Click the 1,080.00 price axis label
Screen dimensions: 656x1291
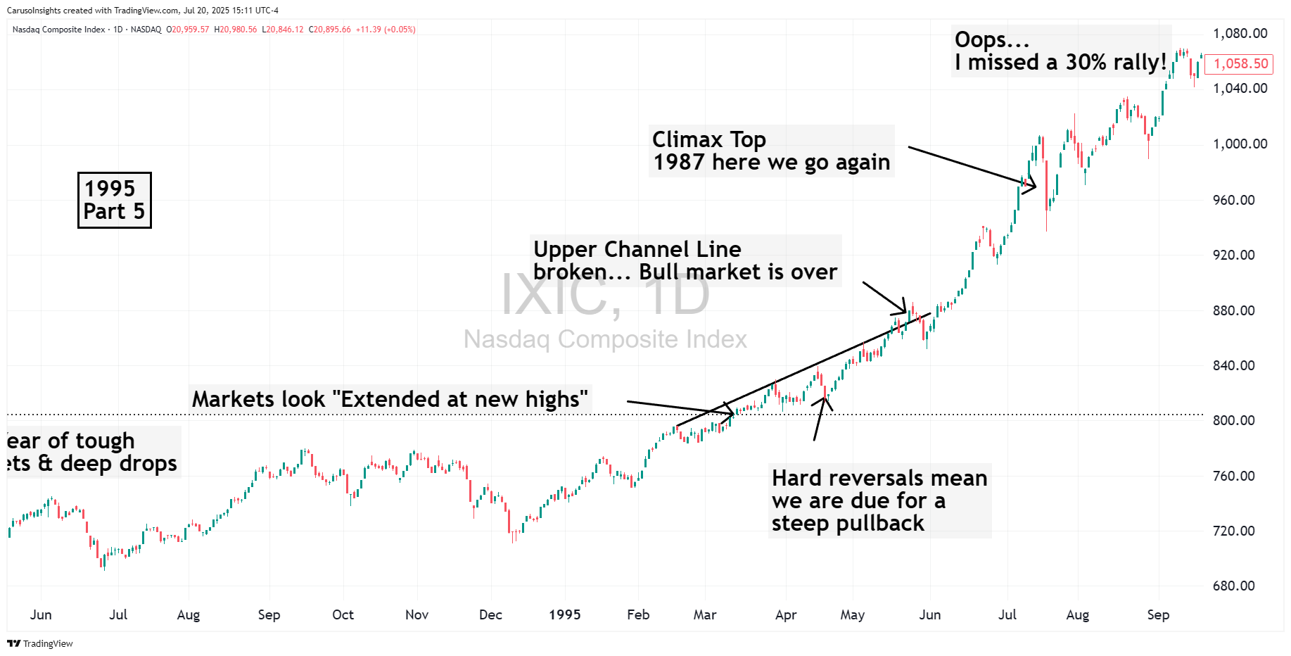(1240, 34)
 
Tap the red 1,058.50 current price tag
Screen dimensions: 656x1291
(1240, 64)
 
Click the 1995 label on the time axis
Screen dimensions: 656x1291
(564, 614)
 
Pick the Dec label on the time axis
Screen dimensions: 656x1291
(490, 614)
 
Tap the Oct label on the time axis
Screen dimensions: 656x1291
(343, 614)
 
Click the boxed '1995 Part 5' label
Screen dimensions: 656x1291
(114, 200)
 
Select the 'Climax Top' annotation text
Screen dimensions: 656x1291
(708, 139)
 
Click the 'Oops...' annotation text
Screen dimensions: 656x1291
(991, 39)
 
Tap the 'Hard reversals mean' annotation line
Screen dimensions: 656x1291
(879, 478)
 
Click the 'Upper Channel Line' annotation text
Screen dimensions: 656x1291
(637, 249)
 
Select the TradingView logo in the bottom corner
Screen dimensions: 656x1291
(40, 643)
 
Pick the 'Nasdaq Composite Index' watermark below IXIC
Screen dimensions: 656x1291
(605, 339)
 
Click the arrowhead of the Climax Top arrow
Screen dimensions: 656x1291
(1033, 187)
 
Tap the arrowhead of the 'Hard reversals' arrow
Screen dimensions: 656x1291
(824, 400)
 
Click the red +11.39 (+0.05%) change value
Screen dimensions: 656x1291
(386, 30)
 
